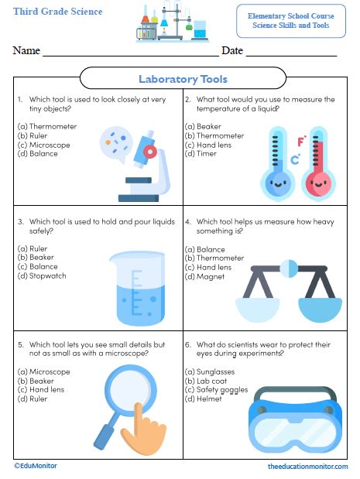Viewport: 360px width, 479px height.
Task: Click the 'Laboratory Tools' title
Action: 183,79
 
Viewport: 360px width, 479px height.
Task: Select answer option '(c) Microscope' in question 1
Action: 43,145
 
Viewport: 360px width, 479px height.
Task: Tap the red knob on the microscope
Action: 149,151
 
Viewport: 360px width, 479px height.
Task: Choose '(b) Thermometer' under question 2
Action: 214,135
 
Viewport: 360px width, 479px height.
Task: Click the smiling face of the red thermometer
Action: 318,184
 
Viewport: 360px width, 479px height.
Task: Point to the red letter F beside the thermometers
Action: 301,141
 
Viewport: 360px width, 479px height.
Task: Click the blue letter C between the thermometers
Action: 295,159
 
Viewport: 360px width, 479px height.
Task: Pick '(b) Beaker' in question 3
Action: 36,257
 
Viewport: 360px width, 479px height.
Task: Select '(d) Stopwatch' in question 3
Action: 42,275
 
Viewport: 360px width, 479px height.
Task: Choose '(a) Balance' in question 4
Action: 204,249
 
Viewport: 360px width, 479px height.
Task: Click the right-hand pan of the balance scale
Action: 320,310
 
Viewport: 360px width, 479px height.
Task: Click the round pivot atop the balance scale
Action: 289,269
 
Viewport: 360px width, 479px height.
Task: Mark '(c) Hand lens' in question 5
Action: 41,390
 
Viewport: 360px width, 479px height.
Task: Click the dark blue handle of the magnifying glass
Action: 103,436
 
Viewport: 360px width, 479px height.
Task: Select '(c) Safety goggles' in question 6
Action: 216,390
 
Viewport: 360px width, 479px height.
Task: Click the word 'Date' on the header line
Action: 232,50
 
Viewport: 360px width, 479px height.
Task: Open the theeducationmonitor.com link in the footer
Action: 308,467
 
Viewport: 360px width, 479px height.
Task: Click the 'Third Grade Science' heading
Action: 58,12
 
